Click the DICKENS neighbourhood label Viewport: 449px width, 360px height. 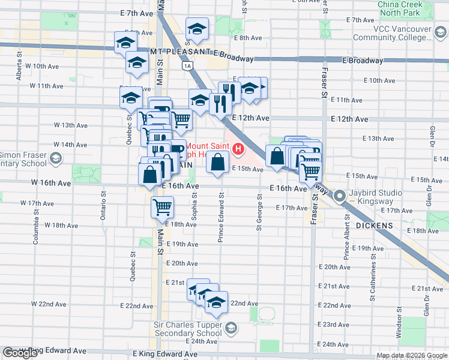(375, 226)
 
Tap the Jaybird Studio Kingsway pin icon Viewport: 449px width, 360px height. (340, 195)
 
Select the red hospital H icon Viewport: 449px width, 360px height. (239, 148)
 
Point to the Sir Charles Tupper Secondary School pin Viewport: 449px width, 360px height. (232, 328)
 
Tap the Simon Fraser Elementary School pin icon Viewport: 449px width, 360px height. (56, 158)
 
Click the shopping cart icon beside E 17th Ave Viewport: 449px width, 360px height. (162, 208)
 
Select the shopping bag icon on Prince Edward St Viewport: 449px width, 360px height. (217, 161)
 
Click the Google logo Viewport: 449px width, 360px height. (20, 353)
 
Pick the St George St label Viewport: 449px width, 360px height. (260, 211)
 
